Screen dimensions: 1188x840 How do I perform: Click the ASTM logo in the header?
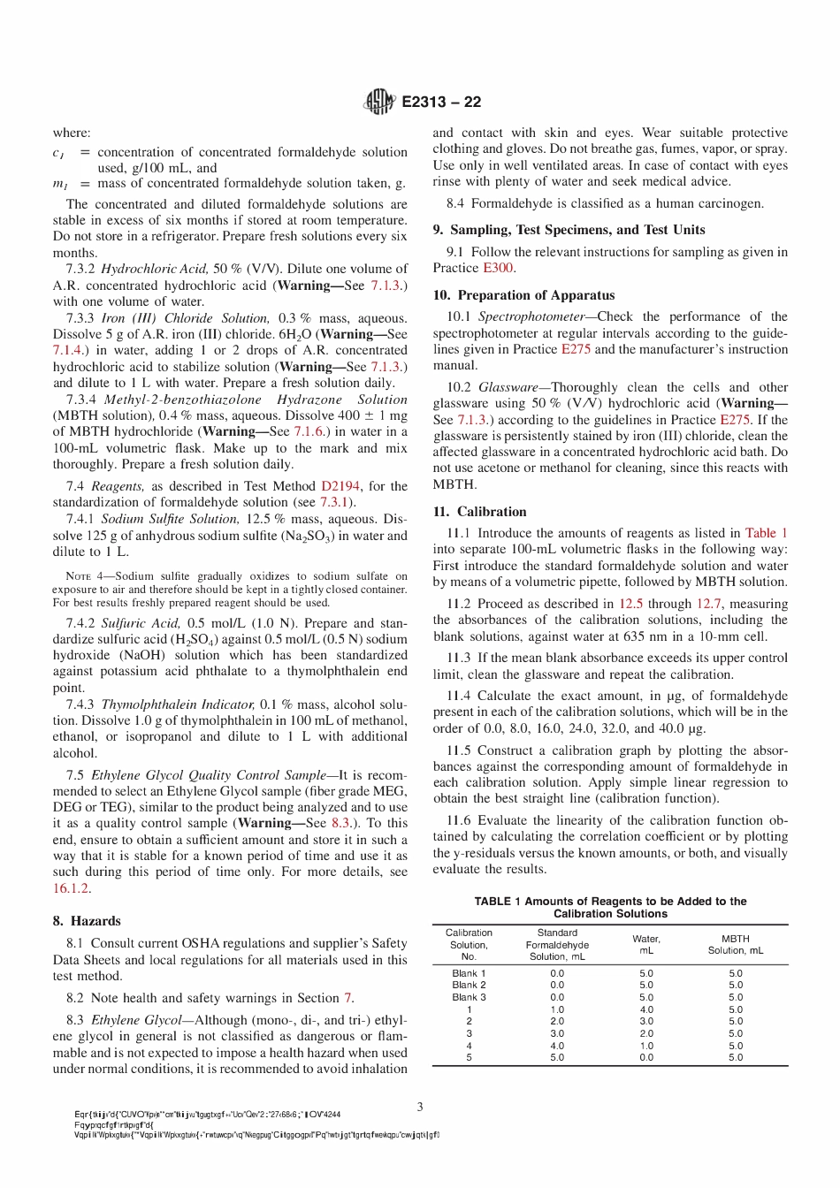[x=378, y=102]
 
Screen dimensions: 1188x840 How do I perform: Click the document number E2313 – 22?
[x=441, y=102]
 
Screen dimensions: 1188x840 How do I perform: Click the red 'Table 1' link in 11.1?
[x=766, y=533]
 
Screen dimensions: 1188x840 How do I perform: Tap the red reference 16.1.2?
[x=71, y=888]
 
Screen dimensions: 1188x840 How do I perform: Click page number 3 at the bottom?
[x=420, y=1107]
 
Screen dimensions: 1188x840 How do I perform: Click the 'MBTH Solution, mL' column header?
[x=735, y=945]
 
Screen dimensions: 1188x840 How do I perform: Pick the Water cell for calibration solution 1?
[x=646, y=1009]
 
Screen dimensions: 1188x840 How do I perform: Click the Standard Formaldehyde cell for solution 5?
[x=557, y=1057]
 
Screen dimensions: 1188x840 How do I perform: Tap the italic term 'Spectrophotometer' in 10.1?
[x=532, y=316]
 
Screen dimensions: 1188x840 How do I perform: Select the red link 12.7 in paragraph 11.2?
[x=708, y=604]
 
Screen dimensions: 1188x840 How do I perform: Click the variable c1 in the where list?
[x=58, y=153]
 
